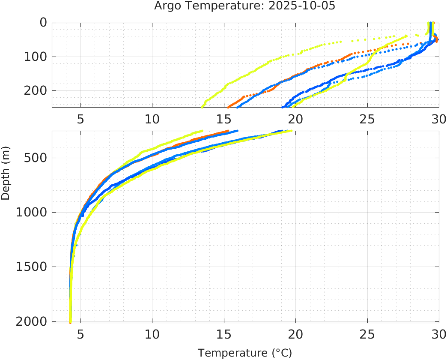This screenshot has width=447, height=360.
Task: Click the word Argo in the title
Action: [x=166, y=6]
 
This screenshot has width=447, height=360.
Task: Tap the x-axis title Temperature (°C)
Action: [x=244, y=353]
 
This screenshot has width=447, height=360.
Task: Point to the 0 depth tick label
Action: [x=43, y=22]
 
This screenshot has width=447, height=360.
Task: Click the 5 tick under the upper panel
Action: [x=80, y=119]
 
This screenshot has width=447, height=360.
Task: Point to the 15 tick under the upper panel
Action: [x=223, y=119]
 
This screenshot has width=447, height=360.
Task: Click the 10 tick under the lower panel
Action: [x=152, y=333]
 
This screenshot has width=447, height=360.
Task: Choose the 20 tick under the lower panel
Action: [x=295, y=333]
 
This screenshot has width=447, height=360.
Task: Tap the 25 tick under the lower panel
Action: [x=367, y=333]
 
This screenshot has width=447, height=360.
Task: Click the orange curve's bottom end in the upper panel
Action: [x=228, y=107]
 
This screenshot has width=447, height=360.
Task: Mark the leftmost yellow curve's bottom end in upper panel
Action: [x=202, y=107]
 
